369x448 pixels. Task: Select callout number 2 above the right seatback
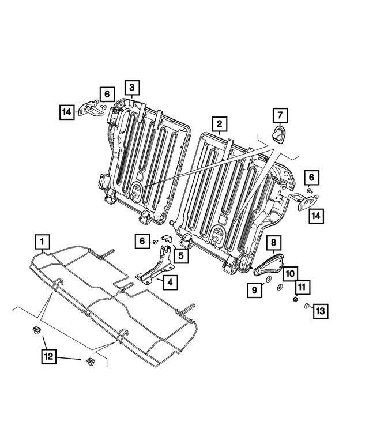click(219, 123)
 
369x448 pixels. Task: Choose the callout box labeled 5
click(180, 254)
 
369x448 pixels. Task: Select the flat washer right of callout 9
click(280, 287)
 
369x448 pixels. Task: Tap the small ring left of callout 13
click(307, 306)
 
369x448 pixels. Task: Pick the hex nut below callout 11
click(295, 299)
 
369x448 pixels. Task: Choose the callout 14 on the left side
click(66, 110)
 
